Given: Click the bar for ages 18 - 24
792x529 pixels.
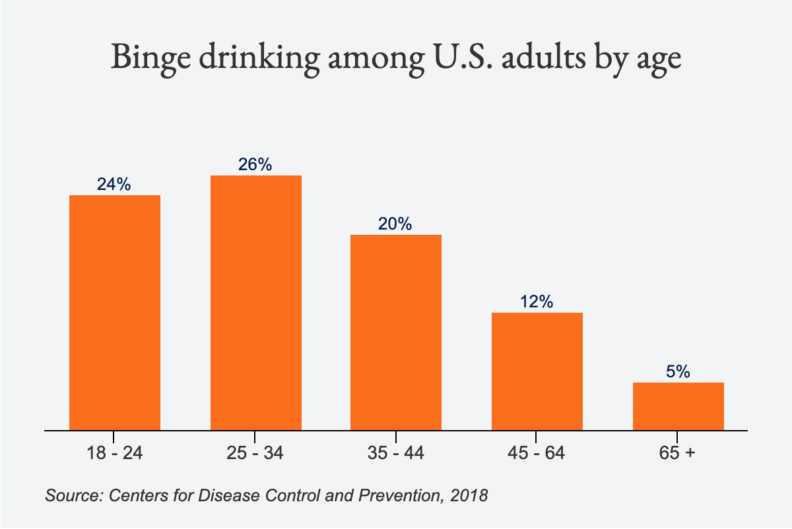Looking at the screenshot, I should [x=115, y=313].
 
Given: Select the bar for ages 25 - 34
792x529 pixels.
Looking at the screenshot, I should [x=256, y=303].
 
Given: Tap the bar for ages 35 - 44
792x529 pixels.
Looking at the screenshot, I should [x=396, y=332].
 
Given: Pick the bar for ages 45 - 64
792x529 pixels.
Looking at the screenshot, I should [x=537, y=371].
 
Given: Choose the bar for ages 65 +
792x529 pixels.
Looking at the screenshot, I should [x=678, y=406].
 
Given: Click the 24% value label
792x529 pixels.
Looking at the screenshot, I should [x=114, y=185].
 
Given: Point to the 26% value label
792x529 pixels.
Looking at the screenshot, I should [x=255, y=165].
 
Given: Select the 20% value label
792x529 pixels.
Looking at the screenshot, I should [x=395, y=224].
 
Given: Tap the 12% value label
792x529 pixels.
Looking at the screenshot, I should [x=536, y=302].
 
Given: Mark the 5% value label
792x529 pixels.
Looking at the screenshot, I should [x=678, y=372].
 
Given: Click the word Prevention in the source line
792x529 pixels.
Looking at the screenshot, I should [x=400, y=495].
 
